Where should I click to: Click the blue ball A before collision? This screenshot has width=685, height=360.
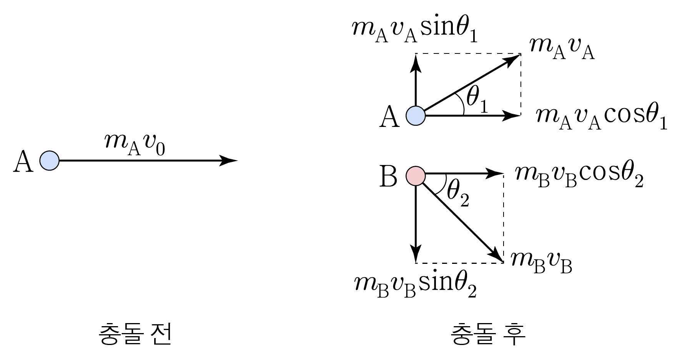point(50,160)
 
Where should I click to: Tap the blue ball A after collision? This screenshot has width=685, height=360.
point(416,115)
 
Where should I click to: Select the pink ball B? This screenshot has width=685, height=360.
point(416,175)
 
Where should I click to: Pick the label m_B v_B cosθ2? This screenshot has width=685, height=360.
point(579,177)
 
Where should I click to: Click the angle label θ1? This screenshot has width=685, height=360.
point(477,100)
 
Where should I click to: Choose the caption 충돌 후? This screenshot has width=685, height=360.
point(487,333)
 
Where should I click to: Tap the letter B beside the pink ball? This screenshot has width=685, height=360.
point(388,177)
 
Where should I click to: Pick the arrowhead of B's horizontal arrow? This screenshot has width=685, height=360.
point(497,173)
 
